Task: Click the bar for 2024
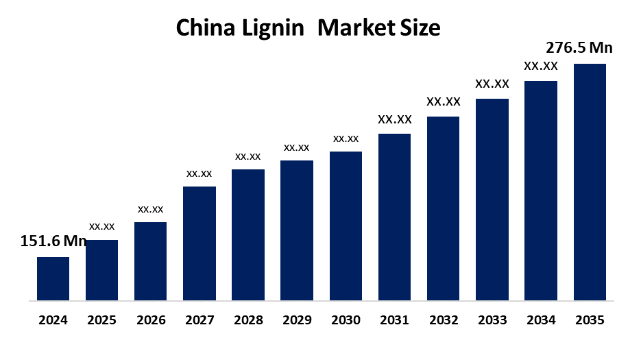53,278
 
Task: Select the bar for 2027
199,243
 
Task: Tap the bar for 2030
346,226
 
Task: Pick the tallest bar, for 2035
590,182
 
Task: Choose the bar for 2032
443,208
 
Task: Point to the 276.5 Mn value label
579,48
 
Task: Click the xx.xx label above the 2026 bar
150,209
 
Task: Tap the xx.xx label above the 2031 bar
394,120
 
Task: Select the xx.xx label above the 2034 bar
541,67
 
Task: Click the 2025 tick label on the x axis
101,320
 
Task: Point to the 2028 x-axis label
248,320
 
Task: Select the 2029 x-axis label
297,320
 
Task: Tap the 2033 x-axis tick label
492,320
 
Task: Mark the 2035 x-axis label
590,320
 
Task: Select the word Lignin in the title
277,29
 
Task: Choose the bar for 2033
492,200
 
